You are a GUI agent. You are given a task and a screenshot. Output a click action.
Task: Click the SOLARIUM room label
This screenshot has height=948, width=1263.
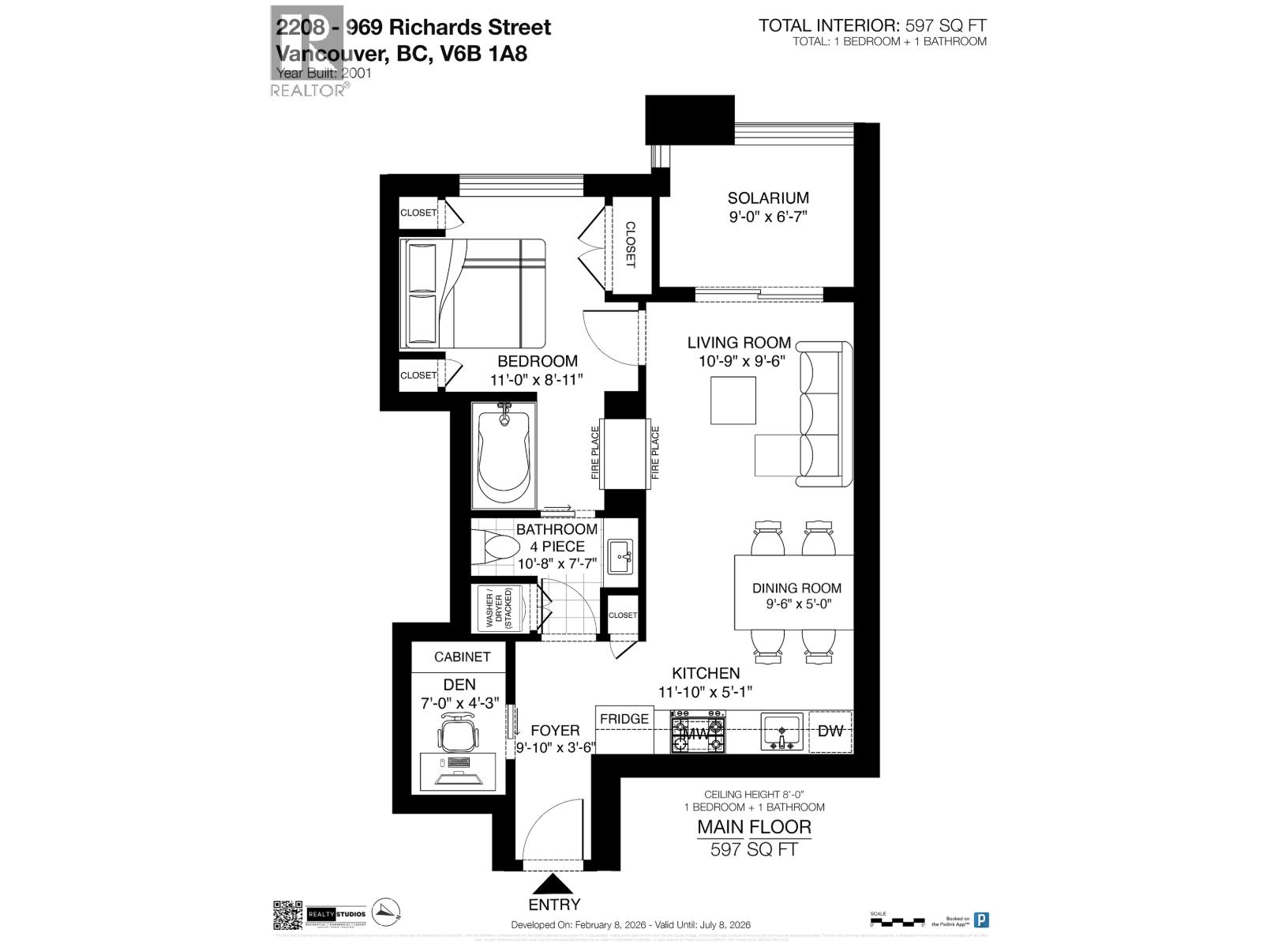pos(767,198)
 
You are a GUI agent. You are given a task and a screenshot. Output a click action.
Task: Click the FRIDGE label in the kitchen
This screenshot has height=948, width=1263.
pos(624,719)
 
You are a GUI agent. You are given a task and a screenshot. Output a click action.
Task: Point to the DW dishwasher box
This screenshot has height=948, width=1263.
pos(830,731)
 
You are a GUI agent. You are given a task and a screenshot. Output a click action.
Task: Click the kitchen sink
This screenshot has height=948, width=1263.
pos(781,731)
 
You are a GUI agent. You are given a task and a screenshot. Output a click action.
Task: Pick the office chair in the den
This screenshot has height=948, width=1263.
pos(459,732)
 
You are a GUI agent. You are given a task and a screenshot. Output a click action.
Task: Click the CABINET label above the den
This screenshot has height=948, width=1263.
pos(463,656)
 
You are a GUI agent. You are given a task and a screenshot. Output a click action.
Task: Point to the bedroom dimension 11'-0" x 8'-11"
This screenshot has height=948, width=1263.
pos(537,379)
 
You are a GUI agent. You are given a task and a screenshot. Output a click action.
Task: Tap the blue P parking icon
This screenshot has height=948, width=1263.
pos(981,920)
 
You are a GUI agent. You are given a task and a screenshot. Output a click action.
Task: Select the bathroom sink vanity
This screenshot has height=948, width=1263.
pos(621,556)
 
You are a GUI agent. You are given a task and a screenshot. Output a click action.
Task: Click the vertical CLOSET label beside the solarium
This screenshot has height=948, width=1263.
pos(631,244)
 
